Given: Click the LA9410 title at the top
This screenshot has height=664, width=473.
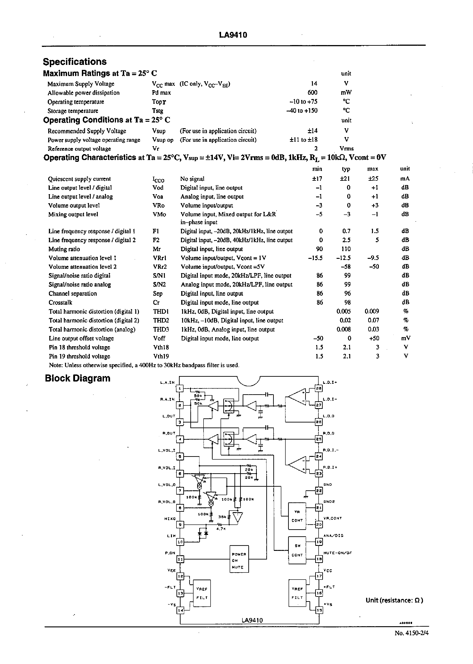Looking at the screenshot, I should tap(233, 35).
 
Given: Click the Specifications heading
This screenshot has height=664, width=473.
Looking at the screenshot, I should tap(75, 62).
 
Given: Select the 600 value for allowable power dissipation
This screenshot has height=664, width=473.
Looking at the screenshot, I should tap(312, 93).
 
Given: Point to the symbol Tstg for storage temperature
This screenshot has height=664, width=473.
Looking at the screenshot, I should tap(158, 111).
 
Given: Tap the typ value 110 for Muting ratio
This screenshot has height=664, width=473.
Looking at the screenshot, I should tap(346, 249).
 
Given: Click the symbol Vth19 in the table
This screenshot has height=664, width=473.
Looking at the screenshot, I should tap(161, 356).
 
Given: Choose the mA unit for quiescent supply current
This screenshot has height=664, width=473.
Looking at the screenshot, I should tap(405, 179).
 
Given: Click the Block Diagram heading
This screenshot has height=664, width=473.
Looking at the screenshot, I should tap(78, 378).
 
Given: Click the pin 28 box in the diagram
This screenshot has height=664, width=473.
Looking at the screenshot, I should tap(319, 389).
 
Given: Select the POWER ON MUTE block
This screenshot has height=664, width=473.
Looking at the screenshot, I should tap(239, 559).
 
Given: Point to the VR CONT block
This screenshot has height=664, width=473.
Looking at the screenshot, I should tap(297, 516).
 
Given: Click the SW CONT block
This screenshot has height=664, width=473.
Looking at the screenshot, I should tap(297, 550).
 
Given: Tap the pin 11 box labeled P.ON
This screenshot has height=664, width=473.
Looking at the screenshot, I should tap(180, 559).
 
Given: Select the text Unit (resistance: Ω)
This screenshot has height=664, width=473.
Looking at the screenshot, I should tap(394, 600).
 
